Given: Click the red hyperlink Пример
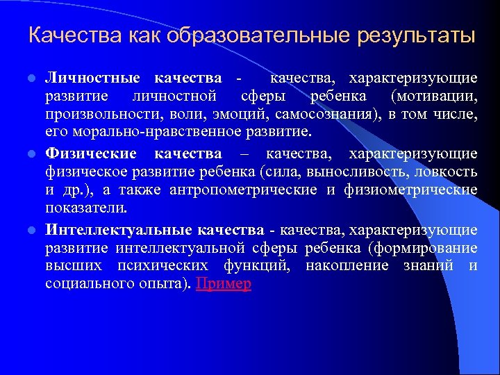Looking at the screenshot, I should coord(224,283).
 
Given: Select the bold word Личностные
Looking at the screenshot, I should coord(92,77).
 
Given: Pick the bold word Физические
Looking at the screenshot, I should coord(91,153).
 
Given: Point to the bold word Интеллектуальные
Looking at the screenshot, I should coord(118,230).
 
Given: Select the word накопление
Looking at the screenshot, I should coord(347,266).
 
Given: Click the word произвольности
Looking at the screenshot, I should coord(92,113).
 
